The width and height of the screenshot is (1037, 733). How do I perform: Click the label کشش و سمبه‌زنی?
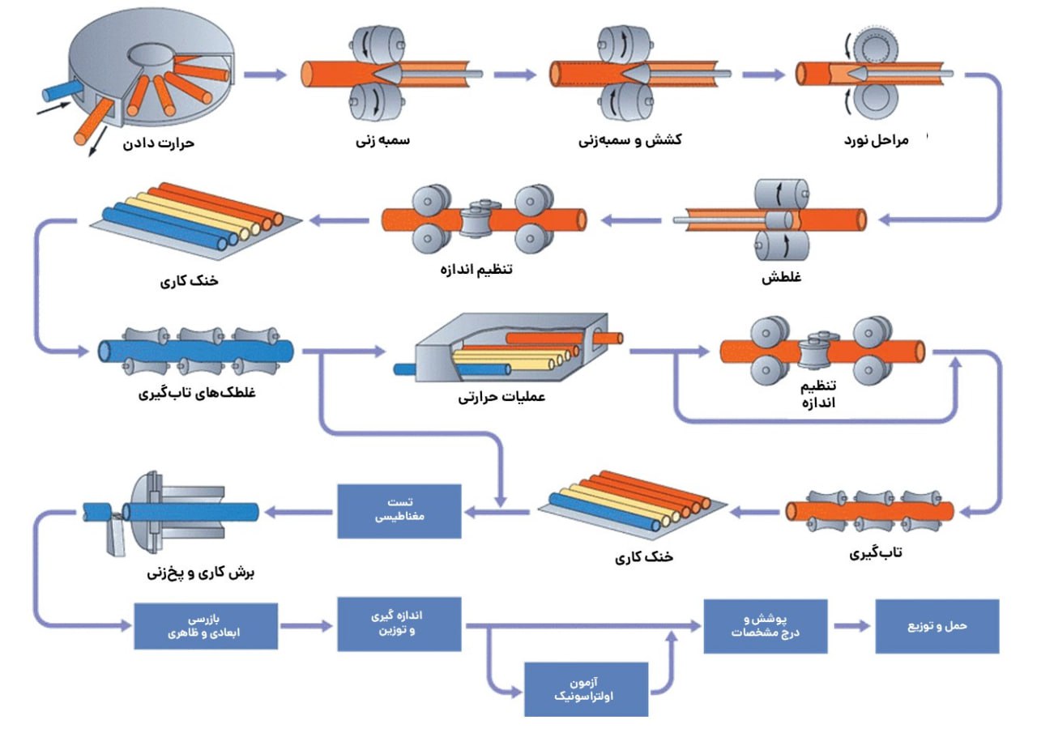tap(629, 140)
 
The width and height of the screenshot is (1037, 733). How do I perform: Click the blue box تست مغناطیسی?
tap(399, 511)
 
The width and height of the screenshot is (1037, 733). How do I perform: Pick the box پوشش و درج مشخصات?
tap(765, 626)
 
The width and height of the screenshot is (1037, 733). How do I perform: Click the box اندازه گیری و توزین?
tap(399, 624)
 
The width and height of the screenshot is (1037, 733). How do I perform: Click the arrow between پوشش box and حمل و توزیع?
tap(851, 626)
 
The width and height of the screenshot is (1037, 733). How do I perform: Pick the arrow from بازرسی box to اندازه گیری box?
tap(308, 626)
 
